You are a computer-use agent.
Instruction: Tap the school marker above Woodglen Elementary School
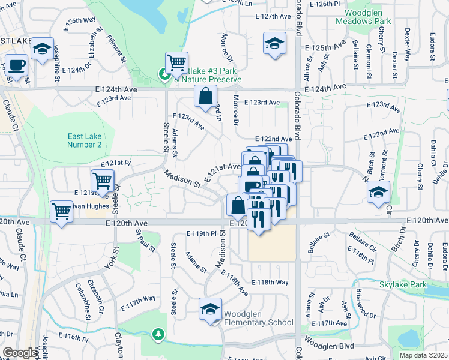(x=210, y=309)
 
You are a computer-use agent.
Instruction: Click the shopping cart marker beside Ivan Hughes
(x=61, y=212)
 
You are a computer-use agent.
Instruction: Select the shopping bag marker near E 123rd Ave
(x=205, y=95)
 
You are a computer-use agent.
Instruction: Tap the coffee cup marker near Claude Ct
(x=16, y=64)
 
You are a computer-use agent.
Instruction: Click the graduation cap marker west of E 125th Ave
(x=274, y=43)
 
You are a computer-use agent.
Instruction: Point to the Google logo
(x=20, y=353)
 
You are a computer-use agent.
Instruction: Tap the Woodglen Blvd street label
(x=331, y=346)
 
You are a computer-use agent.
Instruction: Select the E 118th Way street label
(x=270, y=282)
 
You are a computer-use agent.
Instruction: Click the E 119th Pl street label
(x=201, y=233)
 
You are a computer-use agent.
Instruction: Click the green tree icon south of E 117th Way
(x=158, y=333)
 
